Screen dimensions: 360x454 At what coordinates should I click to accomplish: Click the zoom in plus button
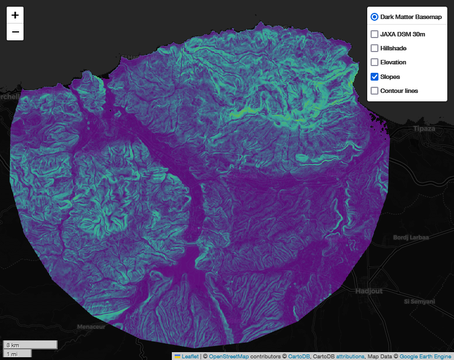[x=15, y=15]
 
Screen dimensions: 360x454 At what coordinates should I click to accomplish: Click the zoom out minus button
[x=15, y=32]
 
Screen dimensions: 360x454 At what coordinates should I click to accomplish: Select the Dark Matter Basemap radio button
[x=374, y=17]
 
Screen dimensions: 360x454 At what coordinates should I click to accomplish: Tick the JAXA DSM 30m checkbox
[x=375, y=34]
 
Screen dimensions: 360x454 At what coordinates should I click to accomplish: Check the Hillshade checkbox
[x=375, y=48]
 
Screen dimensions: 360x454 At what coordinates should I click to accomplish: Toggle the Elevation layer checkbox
[x=375, y=62]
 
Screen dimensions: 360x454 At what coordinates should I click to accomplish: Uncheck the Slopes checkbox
[x=375, y=76]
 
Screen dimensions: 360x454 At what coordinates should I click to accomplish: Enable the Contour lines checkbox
[x=375, y=90]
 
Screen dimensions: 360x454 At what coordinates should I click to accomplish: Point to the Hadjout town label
[x=371, y=291]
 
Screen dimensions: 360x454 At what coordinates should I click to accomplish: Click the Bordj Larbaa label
[x=411, y=237]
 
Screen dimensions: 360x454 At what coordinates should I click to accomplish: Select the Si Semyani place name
[x=420, y=301]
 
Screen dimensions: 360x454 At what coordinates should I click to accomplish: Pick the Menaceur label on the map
[x=91, y=326]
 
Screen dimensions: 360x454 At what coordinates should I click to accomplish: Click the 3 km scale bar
[x=30, y=344]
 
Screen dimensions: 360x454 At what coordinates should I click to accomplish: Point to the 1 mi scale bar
[x=17, y=353]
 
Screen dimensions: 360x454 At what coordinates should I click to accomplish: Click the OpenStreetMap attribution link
[x=228, y=356]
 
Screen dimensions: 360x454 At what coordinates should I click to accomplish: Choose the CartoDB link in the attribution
[x=299, y=356]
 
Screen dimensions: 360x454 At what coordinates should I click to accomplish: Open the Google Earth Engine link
[x=426, y=356]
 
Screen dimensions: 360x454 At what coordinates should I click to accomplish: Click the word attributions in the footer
[x=348, y=356]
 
